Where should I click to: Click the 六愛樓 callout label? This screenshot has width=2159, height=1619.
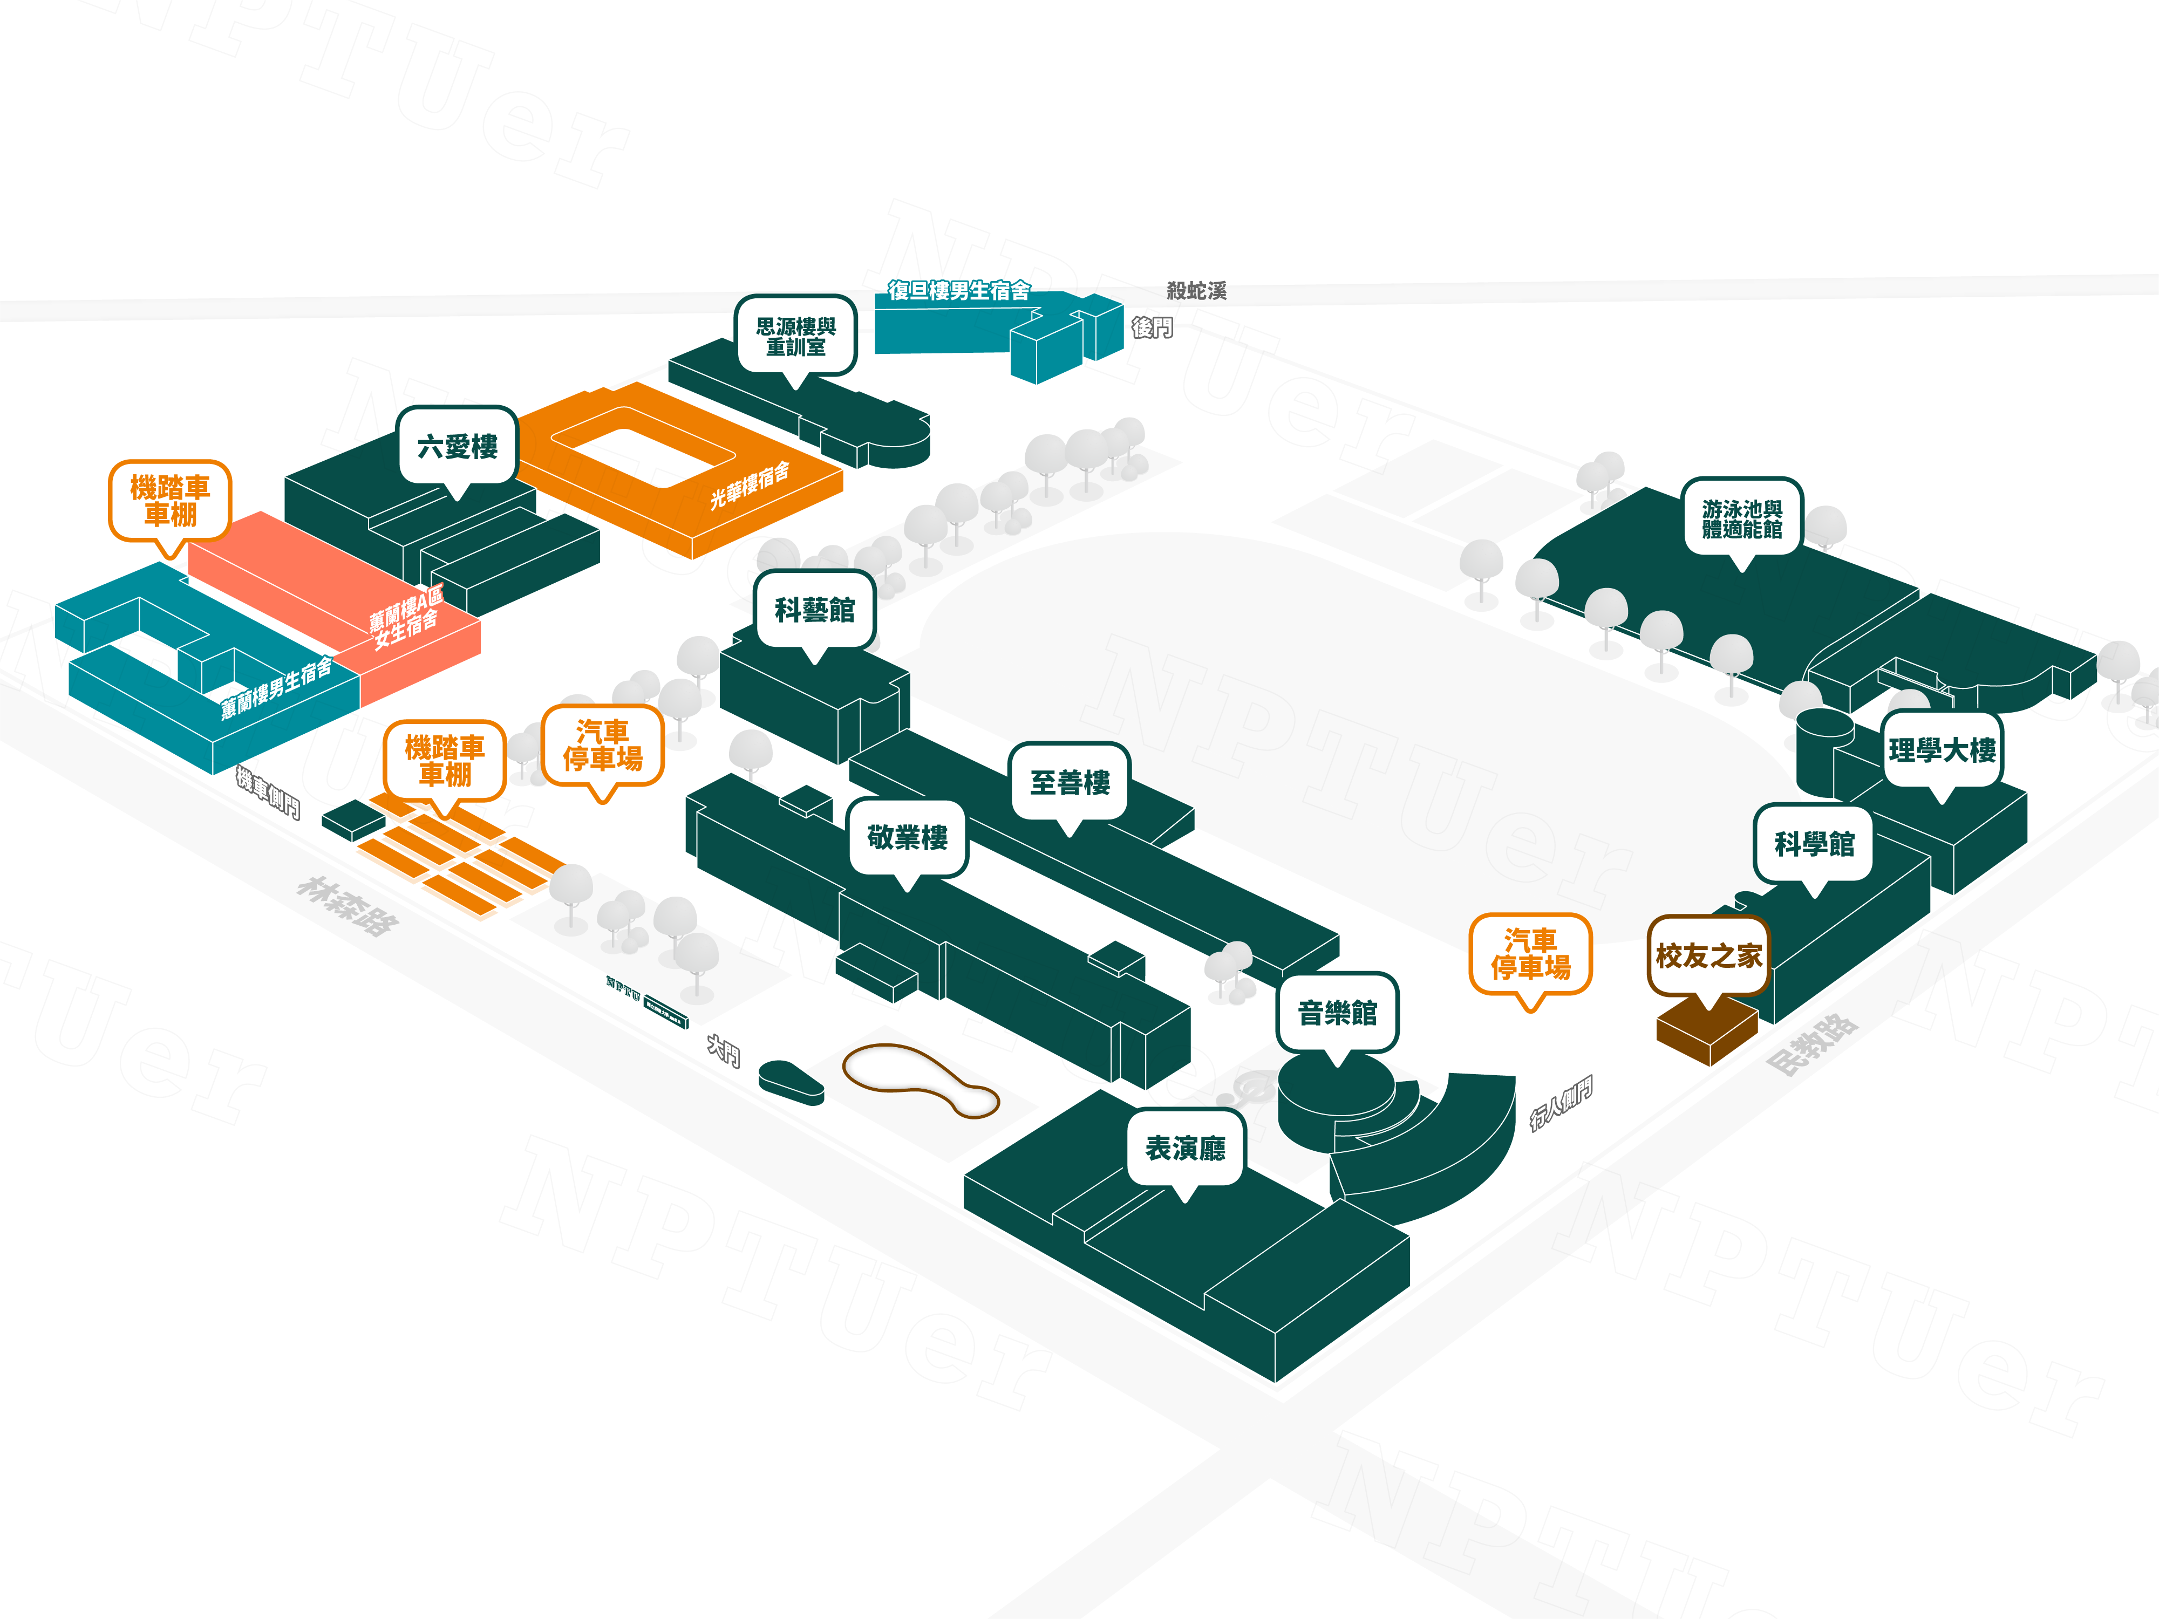pos(457,446)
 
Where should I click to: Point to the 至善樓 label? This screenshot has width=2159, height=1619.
pos(1070,782)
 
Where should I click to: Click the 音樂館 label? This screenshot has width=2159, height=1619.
pos(1337,1012)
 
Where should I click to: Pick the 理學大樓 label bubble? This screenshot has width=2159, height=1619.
pos(1942,749)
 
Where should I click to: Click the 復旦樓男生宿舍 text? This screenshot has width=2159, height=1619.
pos(958,290)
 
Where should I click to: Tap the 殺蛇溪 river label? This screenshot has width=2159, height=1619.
pos(1197,290)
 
